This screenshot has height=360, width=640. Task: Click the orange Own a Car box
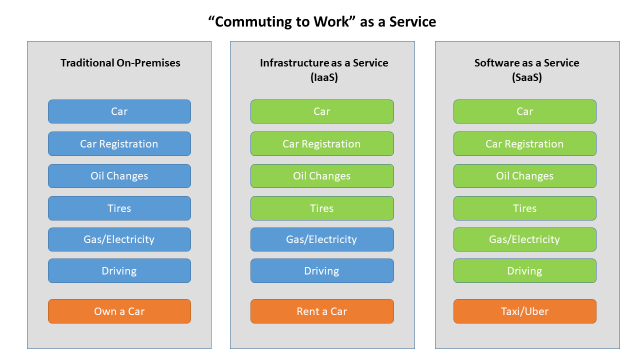pyautogui.click(x=119, y=311)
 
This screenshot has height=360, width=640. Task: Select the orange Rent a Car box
pyautogui.click(x=322, y=311)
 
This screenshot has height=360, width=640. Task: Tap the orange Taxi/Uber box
pyautogui.click(x=525, y=311)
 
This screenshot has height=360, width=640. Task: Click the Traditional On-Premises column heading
pyautogui.click(x=119, y=64)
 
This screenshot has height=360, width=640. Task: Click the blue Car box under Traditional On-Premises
pyautogui.click(x=119, y=112)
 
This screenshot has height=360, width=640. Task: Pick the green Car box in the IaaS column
pyautogui.click(x=322, y=112)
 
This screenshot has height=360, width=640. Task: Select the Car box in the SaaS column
pyautogui.click(x=525, y=112)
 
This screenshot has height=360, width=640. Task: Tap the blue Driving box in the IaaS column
pyautogui.click(x=322, y=271)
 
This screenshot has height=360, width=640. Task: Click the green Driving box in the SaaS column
pyautogui.click(x=525, y=271)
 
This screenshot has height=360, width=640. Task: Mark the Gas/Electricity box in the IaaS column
pyautogui.click(x=322, y=240)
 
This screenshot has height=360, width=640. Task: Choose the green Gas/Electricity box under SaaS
pyautogui.click(x=525, y=240)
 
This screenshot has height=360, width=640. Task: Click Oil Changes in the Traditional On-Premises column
pyautogui.click(x=119, y=176)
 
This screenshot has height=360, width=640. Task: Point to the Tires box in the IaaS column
pyautogui.click(x=322, y=208)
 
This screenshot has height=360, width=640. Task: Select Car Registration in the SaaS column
pyautogui.click(x=525, y=144)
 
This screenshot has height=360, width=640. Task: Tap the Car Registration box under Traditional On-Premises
pyautogui.click(x=119, y=144)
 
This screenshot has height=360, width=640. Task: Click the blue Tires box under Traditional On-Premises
pyautogui.click(x=119, y=208)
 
